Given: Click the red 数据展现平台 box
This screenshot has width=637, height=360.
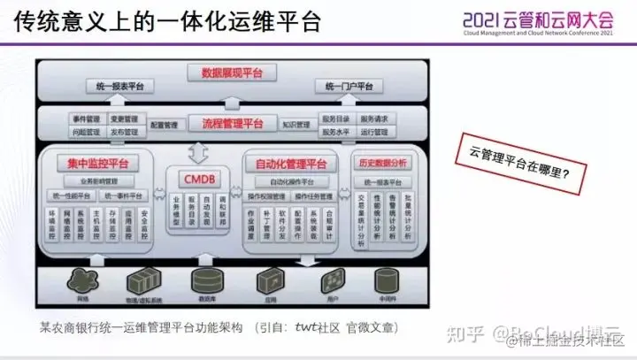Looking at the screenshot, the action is coord(237,73).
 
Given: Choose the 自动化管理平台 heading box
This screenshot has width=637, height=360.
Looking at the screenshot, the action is coord(290,164).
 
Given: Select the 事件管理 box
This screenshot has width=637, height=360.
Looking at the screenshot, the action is coord(87,118).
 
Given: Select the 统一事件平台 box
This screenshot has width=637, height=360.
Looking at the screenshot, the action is coord(126,195).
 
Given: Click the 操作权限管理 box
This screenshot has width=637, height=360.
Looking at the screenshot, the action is coord(265,195).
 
